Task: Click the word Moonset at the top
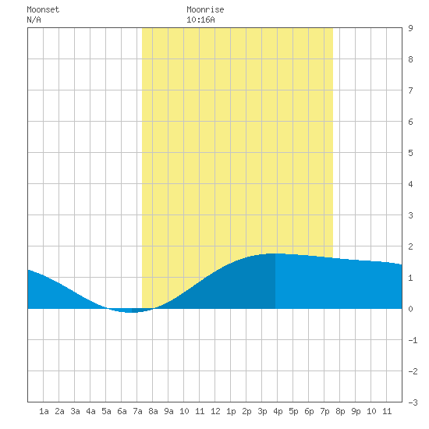(43, 9)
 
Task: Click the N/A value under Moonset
(34, 19)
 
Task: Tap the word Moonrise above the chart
(205, 9)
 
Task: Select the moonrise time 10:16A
(200, 19)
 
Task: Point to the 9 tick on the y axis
(410, 28)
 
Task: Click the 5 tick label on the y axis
(410, 153)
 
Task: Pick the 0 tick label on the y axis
(410, 309)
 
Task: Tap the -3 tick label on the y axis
(413, 402)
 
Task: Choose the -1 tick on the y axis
(413, 340)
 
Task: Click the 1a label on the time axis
(44, 411)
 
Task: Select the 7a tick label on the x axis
(137, 411)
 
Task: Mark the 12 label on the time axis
(215, 411)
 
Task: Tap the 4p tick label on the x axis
(278, 411)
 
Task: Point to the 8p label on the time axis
(340, 411)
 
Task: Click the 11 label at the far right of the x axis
(387, 411)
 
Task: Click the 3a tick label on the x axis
(75, 411)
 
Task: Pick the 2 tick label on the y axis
(410, 246)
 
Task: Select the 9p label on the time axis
(356, 411)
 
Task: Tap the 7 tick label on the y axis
(410, 90)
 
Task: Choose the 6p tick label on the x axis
(309, 411)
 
